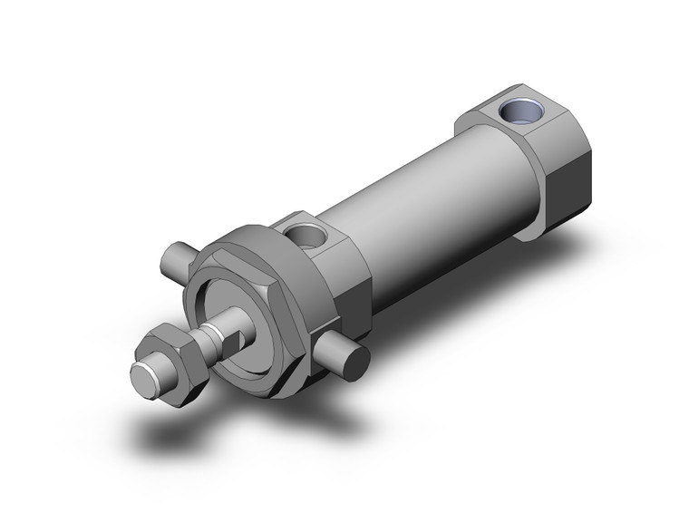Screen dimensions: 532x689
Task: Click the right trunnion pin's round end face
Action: click(355, 362)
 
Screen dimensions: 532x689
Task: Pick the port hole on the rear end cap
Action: click(521, 114)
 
